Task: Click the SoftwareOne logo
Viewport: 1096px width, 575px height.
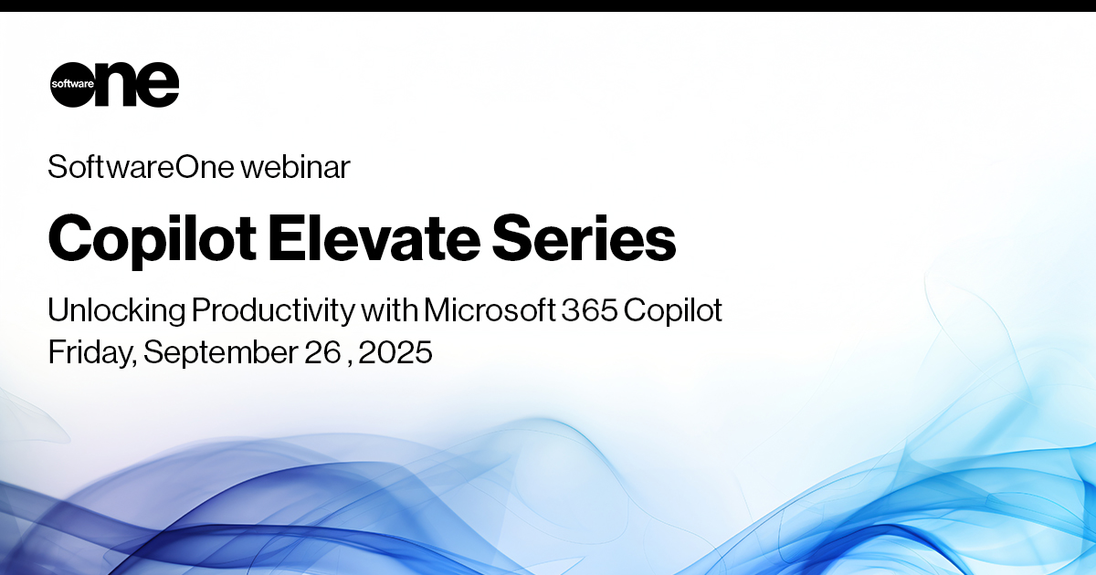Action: click(x=114, y=84)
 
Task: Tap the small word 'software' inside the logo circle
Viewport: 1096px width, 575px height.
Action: click(x=72, y=84)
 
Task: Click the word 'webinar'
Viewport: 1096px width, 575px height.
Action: click(x=296, y=167)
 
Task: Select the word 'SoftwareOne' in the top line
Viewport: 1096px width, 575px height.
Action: click(x=141, y=167)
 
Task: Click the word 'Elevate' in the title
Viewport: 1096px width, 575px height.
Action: click(x=374, y=238)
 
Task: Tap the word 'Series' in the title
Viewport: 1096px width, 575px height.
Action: click(x=584, y=238)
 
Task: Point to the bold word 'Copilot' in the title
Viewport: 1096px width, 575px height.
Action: click(x=153, y=241)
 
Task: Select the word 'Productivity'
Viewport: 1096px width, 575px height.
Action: click(x=273, y=310)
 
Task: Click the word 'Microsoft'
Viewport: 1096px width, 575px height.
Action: click(x=490, y=309)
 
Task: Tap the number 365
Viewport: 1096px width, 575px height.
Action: click(x=589, y=309)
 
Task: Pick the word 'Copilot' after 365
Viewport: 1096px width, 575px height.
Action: click(x=673, y=310)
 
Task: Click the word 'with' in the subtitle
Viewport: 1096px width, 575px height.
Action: click(x=389, y=309)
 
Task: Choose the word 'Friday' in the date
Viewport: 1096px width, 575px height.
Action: click(x=92, y=352)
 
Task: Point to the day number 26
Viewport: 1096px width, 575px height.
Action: click(x=322, y=352)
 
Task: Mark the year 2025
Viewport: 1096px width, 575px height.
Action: click(x=395, y=352)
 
